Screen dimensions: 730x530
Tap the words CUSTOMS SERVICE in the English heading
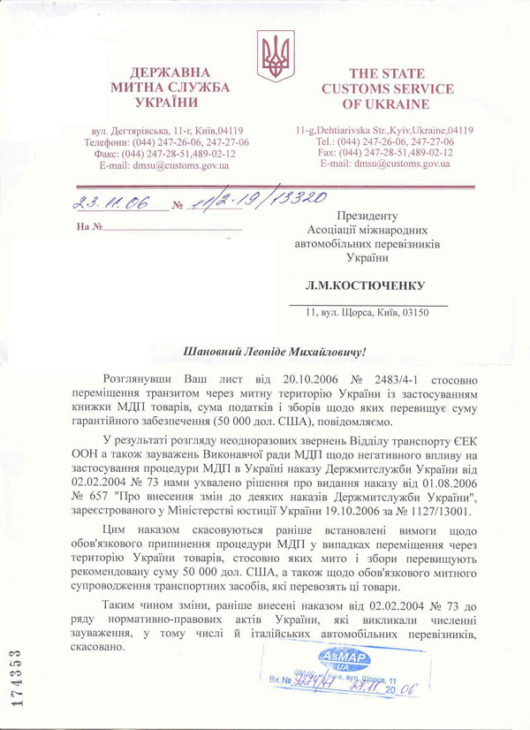[387, 89]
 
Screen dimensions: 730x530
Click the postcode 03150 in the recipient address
[417, 312]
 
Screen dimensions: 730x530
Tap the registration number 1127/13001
[431, 512]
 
